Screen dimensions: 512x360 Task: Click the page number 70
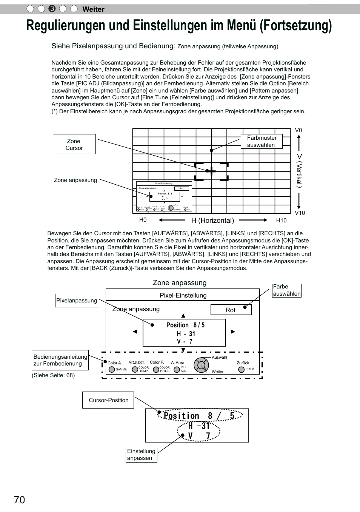[x=20, y=500]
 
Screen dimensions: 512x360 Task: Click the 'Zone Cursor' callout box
[x=74, y=144]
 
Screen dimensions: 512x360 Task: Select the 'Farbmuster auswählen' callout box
[x=262, y=141]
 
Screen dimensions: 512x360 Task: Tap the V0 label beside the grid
[x=298, y=130]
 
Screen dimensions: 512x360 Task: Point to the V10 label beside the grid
[x=300, y=213]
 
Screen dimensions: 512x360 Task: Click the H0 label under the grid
[x=143, y=220]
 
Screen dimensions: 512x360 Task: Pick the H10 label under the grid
[x=281, y=221]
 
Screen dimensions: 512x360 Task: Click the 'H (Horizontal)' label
[x=212, y=221]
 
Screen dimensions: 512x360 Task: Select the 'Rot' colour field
[x=231, y=310]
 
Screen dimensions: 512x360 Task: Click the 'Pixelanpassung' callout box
[x=77, y=301]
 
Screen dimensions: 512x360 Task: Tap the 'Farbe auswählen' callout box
[x=287, y=290]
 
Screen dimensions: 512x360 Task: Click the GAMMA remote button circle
[x=112, y=369]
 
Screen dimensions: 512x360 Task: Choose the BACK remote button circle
[x=242, y=369]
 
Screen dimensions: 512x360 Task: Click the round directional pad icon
[x=201, y=365]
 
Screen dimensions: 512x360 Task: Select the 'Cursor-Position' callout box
[x=108, y=400]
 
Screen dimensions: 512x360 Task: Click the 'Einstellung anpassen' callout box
[x=142, y=455]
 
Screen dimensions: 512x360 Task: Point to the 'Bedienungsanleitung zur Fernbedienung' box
[x=60, y=360]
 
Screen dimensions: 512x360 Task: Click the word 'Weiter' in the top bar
[x=93, y=9]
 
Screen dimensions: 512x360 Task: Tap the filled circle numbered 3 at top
[x=52, y=9]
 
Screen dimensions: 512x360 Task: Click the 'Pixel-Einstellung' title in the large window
[x=183, y=295]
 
